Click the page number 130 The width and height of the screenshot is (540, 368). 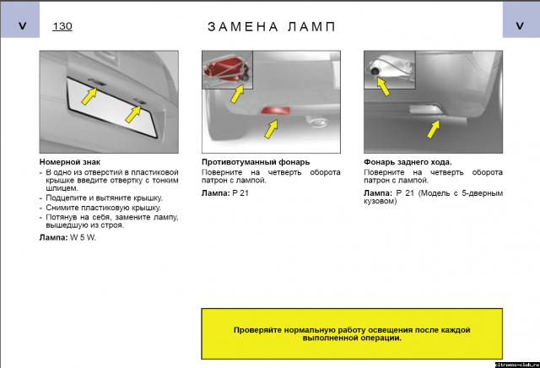click(x=62, y=26)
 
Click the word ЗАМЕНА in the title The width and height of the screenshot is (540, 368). click(x=243, y=27)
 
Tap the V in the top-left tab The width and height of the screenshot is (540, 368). click(x=23, y=26)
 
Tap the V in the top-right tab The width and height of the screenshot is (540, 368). click(x=520, y=26)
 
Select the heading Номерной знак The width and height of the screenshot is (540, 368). click(x=70, y=162)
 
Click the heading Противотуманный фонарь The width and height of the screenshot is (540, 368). click(x=256, y=162)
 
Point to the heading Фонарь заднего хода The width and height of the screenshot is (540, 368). click(x=408, y=162)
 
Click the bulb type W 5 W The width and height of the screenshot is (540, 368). click(x=83, y=237)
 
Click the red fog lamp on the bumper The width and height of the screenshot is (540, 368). click(x=276, y=111)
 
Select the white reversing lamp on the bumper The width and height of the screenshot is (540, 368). click(x=425, y=110)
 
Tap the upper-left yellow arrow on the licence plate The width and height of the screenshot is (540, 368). click(x=89, y=96)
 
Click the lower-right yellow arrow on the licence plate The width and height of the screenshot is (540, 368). click(x=133, y=114)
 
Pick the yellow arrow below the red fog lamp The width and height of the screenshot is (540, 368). click(x=272, y=129)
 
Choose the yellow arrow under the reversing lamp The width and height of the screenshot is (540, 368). click(x=433, y=129)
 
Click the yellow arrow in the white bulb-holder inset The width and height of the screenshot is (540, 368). click(x=383, y=86)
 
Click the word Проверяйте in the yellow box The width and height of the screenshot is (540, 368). click(x=255, y=330)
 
